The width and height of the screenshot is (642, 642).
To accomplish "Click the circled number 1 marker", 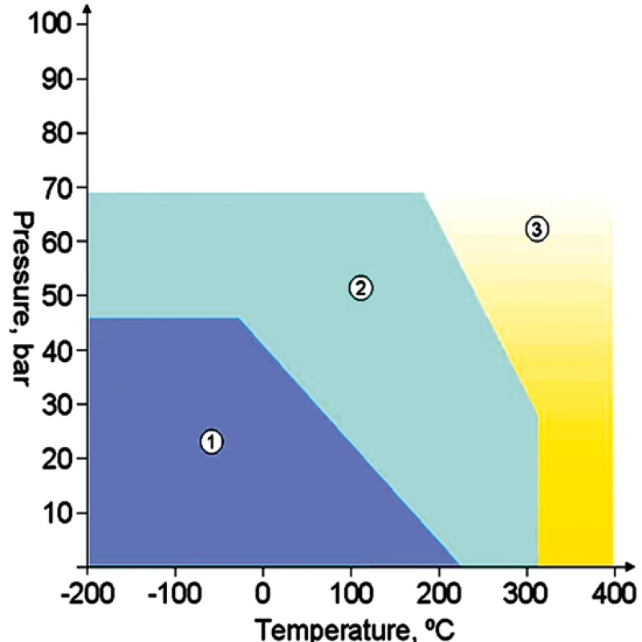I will pos(211,441).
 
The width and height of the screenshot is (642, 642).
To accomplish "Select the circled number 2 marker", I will pos(361,287).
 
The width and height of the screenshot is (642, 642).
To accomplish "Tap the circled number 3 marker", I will pos(537,229).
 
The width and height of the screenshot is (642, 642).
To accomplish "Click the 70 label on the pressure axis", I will pos(55,187).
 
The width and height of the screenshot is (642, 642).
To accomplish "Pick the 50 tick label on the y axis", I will pos(55,295).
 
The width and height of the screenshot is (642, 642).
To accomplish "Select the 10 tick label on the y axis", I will pos(55,513).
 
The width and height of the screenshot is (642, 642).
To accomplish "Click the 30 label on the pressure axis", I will pos(55,404).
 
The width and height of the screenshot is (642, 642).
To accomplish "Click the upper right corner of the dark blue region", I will pos(238,318).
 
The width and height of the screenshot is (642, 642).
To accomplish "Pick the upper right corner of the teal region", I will pos(423,193).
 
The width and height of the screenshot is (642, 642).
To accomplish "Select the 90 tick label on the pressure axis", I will pos(55,79).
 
